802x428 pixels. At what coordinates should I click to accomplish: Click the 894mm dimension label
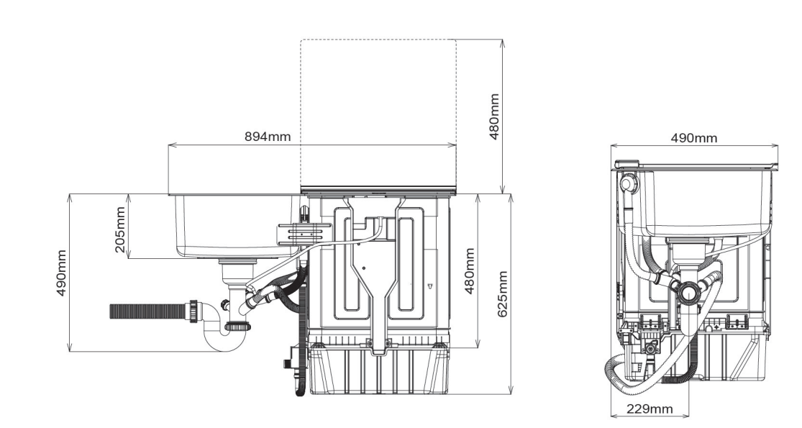pos(268,137)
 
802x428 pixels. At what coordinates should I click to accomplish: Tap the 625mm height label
pos(502,294)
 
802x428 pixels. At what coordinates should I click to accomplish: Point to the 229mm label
pos(650,409)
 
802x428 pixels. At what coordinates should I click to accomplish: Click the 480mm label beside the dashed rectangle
pos(494,117)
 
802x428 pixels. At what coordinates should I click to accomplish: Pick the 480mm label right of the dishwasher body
pos(469,271)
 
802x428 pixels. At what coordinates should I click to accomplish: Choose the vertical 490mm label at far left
pos(61,273)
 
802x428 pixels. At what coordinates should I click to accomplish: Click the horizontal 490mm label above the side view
pos(693,138)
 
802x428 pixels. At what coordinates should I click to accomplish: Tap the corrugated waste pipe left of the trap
pos(150,311)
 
